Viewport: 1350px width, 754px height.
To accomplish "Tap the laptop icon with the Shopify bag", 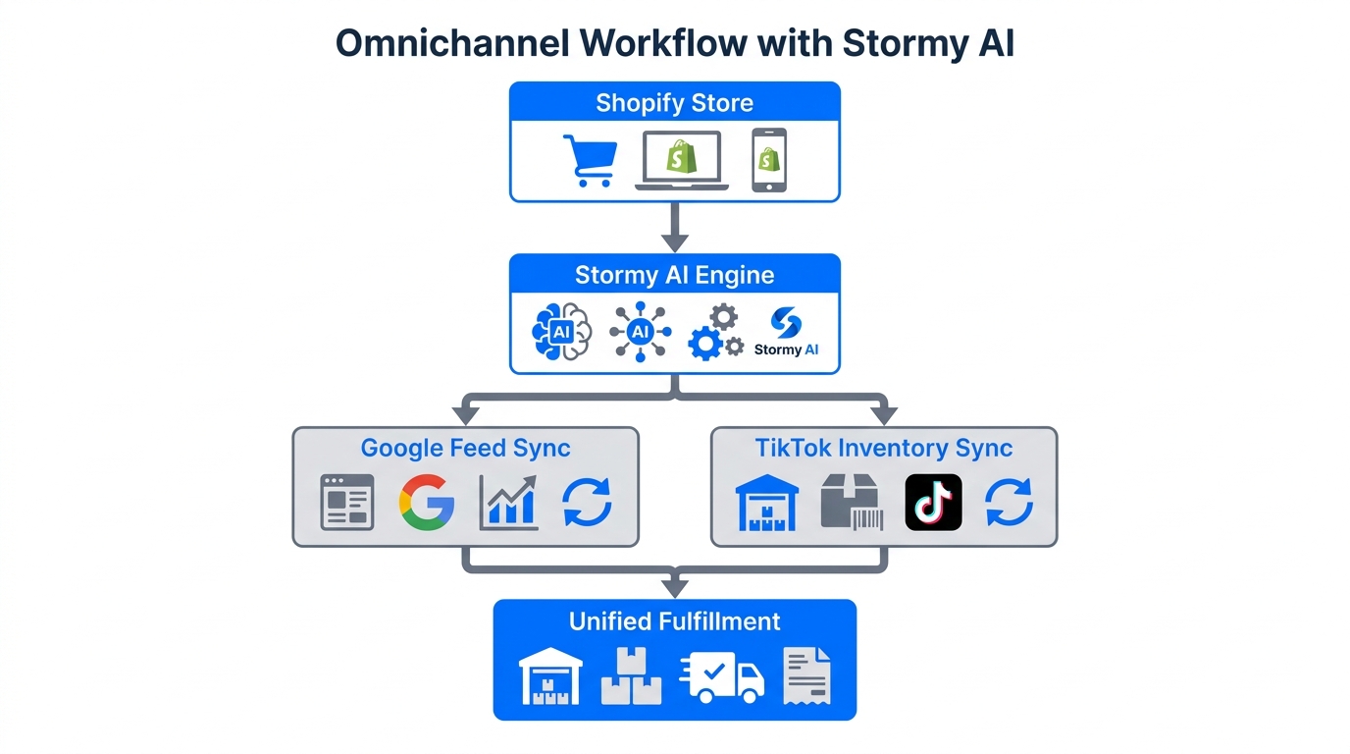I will tap(681, 160).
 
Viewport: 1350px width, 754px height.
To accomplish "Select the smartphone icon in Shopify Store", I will tap(769, 160).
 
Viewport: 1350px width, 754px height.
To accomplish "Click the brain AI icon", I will tap(561, 332).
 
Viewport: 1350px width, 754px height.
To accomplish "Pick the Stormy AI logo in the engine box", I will tap(786, 332).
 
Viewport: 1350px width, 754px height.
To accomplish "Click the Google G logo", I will tap(427, 502).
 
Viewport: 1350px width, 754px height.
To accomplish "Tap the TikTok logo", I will tap(933, 502).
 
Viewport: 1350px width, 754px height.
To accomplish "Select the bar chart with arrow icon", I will tap(508, 502).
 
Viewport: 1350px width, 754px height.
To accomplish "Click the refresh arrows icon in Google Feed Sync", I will tap(587, 502).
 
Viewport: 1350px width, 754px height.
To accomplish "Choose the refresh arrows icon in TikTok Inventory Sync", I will tap(1009, 502).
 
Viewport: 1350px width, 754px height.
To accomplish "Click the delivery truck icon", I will tap(721, 676).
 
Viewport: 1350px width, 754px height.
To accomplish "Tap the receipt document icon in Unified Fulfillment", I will tap(806, 675).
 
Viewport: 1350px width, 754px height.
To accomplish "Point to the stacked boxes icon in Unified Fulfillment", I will tap(631, 675).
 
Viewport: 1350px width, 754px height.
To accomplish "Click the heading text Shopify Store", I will tap(674, 103).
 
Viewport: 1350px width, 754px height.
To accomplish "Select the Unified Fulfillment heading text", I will tap(674, 621).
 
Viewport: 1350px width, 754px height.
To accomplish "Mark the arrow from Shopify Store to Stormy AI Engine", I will tap(674, 227).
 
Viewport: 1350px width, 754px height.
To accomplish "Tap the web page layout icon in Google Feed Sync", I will tap(347, 502).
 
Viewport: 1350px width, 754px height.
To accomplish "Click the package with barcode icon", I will tap(852, 503).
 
